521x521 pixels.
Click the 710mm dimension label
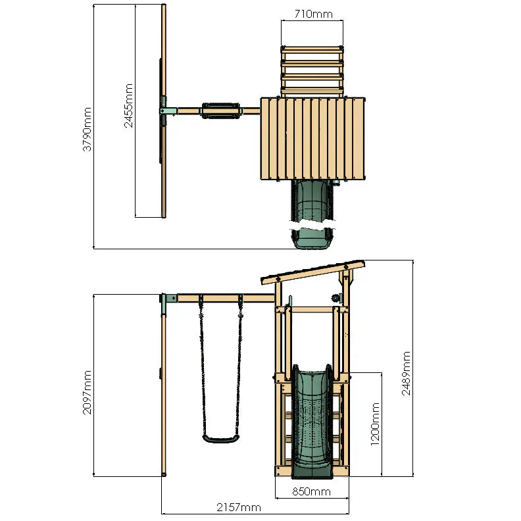(312, 14)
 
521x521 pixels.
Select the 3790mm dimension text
(87, 129)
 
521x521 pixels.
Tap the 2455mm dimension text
(129, 105)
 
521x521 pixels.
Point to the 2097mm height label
(87, 392)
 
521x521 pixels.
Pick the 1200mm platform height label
(376, 424)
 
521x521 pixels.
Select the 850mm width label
(312, 491)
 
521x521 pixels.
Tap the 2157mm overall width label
(239, 507)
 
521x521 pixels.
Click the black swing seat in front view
(220, 438)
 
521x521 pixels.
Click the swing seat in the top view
(220, 111)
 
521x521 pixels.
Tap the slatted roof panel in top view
(312, 138)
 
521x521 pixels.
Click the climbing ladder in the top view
(312, 70)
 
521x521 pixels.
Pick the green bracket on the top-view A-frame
(167, 111)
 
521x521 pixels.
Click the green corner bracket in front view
(168, 299)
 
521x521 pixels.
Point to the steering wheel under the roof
(337, 298)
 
